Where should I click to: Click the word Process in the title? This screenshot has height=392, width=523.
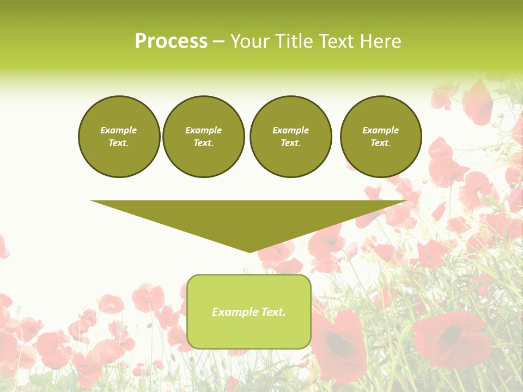coord(171,41)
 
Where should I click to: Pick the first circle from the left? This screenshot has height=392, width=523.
coord(119,137)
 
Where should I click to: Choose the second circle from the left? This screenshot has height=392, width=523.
coord(204,137)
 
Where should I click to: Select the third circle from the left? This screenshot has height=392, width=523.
coord(291,137)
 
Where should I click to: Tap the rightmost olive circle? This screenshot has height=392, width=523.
coord(381,137)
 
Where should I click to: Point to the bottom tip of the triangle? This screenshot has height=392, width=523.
coord(250,252)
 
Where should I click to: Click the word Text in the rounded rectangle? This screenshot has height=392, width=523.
coord(272,312)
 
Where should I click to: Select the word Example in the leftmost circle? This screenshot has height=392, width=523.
coord(119,130)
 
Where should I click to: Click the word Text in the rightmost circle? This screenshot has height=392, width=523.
coord(380,143)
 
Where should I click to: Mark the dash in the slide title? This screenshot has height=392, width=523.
coord(218,41)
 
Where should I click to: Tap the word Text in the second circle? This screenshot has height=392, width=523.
coord(203,143)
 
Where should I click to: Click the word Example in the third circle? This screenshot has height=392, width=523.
coord(291,130)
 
